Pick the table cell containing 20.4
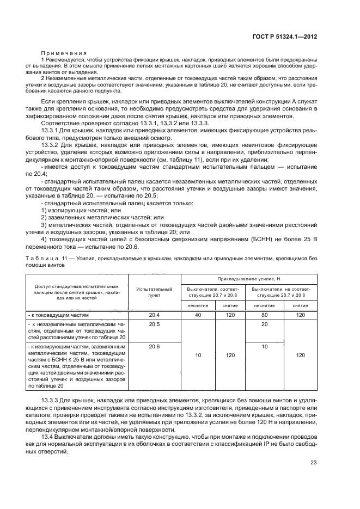coord(154,315)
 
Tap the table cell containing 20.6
coord(154,346)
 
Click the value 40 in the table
coord(198,315)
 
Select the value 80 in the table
coord(265,315)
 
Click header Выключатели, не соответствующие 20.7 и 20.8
coord(280,291)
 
